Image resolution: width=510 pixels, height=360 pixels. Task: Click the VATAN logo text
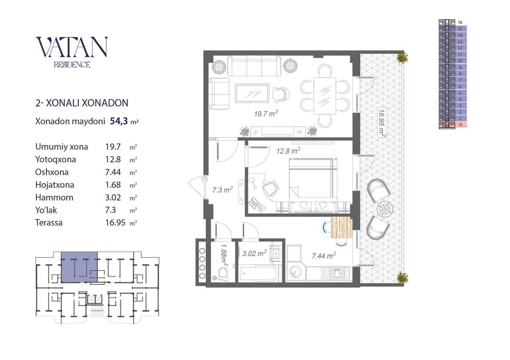pyautogui.click(x=72, y=47)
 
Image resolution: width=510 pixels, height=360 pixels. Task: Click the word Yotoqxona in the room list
pyautogui.click(x=56, y=159)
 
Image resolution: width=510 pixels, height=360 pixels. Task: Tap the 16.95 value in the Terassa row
pyautogui.click(x=115, y=223)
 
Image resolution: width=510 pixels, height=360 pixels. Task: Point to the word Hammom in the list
pyautogui.click(x=54, y=198)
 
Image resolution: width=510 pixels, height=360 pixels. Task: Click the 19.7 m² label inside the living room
pyautogui.click(x=266, y=113)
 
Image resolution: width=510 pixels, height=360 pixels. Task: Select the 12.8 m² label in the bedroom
pyautogui.click(x=288, y=151)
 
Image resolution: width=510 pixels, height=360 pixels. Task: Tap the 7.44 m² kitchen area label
pyautogui.click(x=324, y=256)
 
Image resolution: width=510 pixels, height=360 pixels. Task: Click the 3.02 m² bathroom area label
pyautogui.click(x=255, y=253)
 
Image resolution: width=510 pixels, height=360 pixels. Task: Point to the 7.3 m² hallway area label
pyautogui.click(x=222, y=189)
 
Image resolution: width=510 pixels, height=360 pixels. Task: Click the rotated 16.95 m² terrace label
pyautogui.click(x=382, y=123)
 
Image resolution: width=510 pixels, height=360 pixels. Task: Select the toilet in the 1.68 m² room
pyautogui.click(x=223, y=275)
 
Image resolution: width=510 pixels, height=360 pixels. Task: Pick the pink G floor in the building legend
pyautogui.click(x=452, y=125)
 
